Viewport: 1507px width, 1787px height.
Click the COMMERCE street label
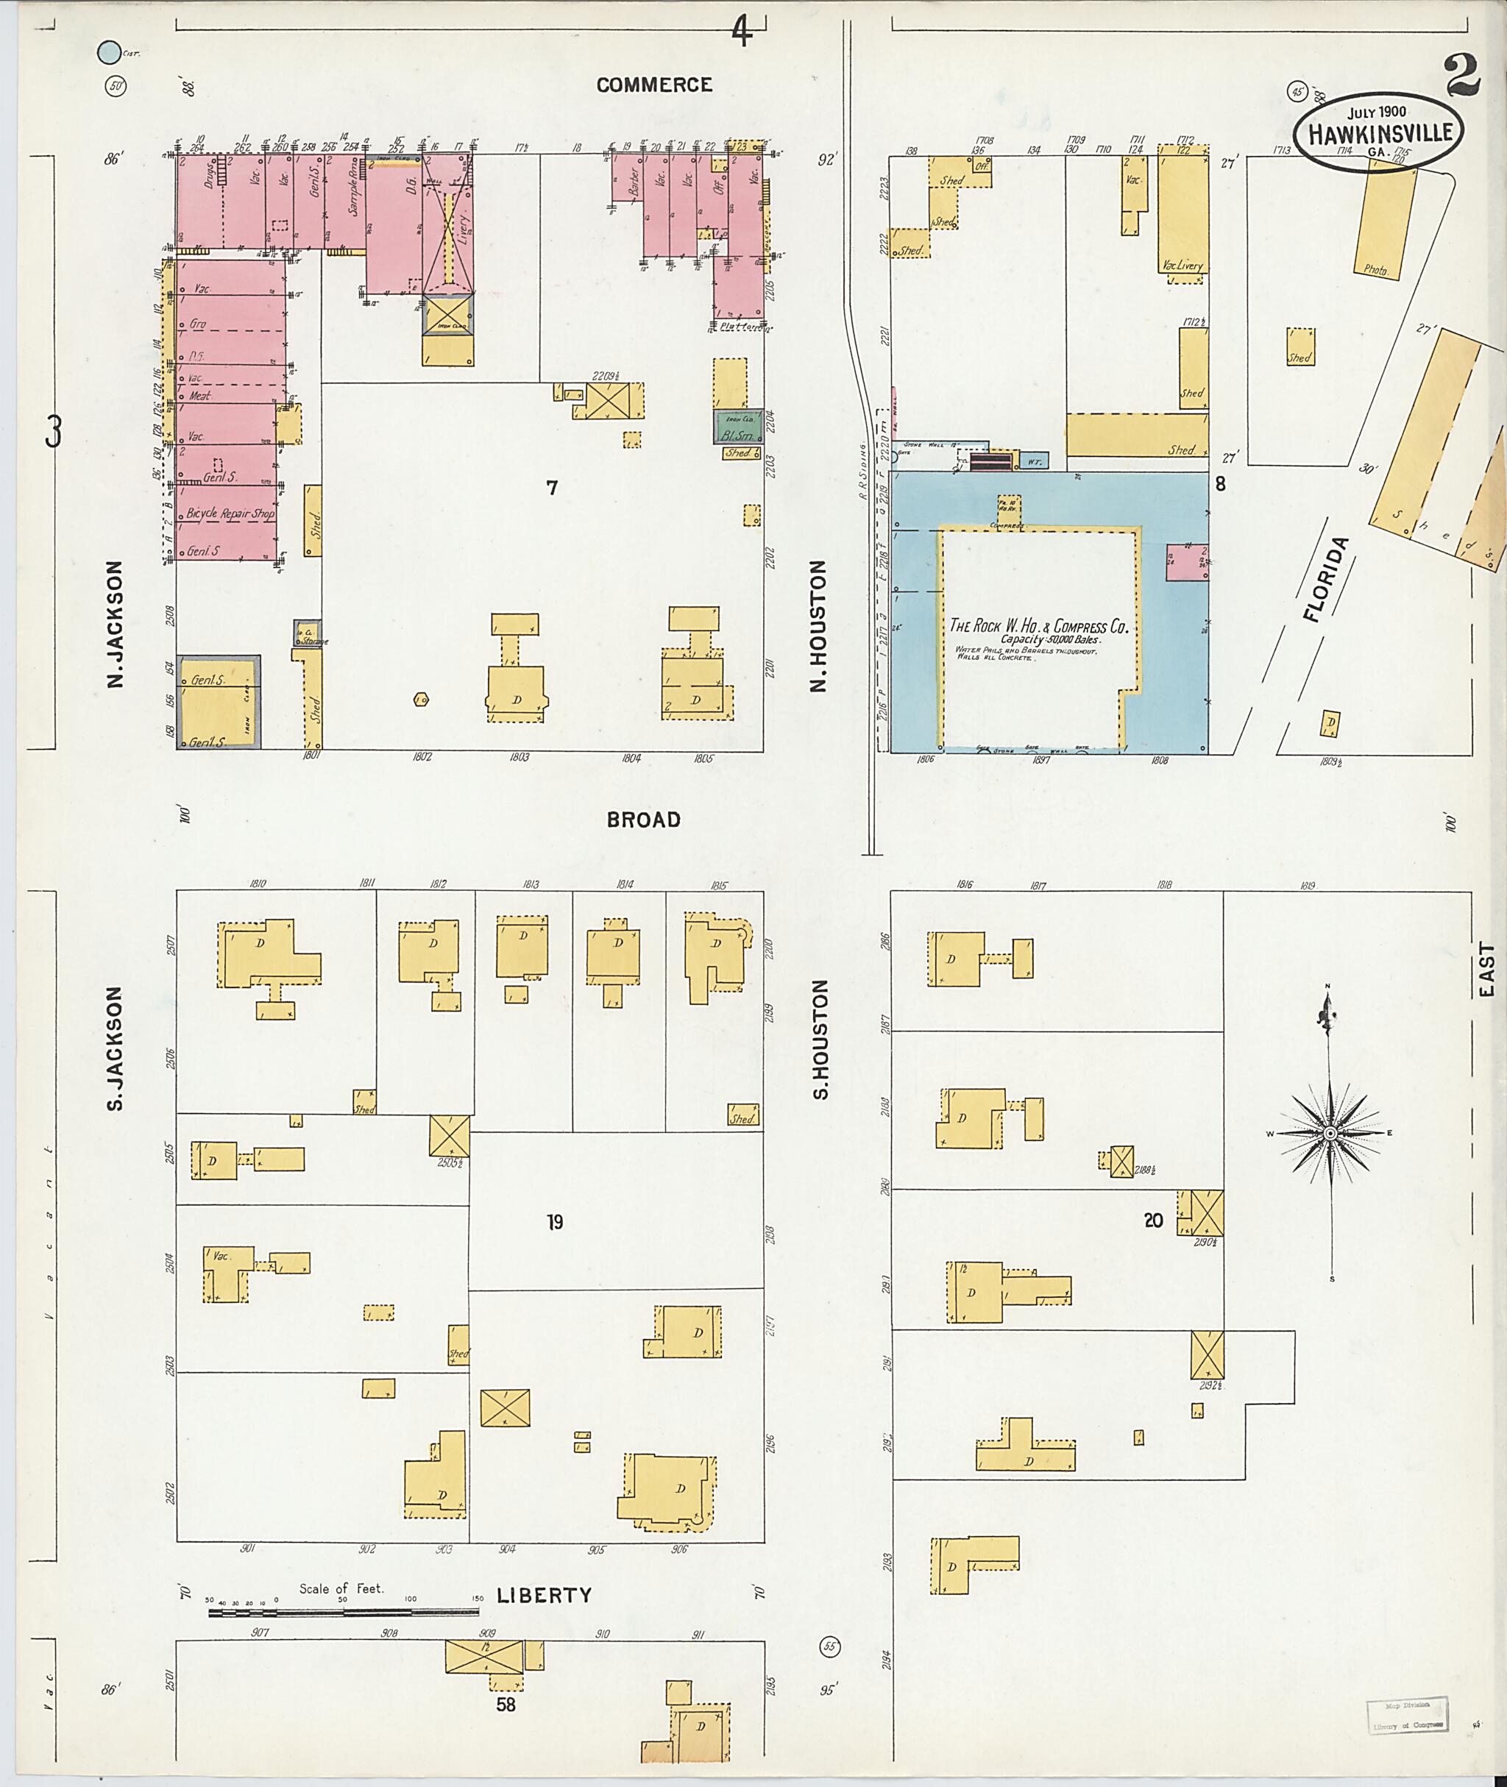click(653, 85)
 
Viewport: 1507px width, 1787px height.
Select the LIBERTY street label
click(545, 1595)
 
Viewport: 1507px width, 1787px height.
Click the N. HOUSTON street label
click(819, 626)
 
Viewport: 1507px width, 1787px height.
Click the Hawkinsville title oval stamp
click(1378, 132)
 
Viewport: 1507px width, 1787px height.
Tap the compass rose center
click(1330, 1134)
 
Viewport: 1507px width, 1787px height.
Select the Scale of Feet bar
click(344, 1613)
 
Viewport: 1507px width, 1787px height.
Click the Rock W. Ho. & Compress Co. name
click(1039, 626)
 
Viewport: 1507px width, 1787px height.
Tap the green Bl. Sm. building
click(739, 425)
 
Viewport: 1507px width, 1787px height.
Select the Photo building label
click(1375, 269)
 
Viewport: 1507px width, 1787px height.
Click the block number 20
click(1153, 1221)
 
